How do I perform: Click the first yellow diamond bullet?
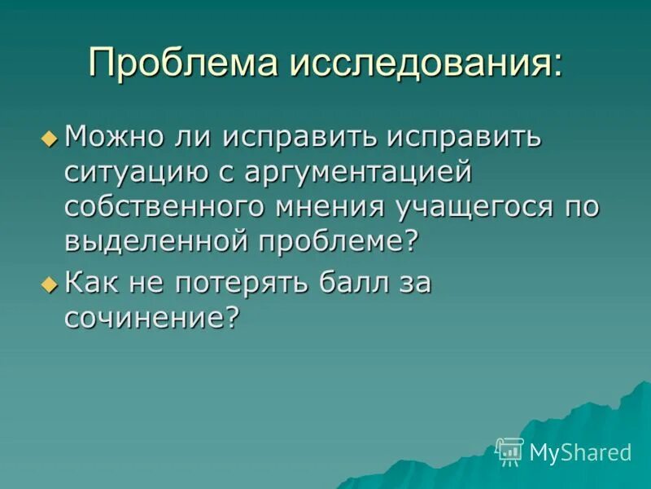click(50, 139)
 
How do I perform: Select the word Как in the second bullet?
click(91, 284)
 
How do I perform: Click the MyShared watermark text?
click(580, 452)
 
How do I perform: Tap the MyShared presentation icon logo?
click(509, 451)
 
